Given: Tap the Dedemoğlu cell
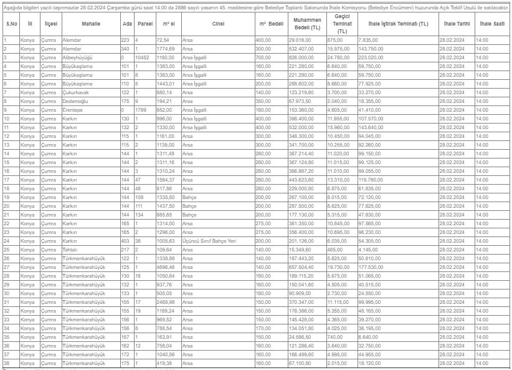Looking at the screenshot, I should coord(76,100).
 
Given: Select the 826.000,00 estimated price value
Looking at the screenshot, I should coord(303,57).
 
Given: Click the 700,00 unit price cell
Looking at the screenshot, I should coord(263,57).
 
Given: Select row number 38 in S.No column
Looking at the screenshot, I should coord(6,363).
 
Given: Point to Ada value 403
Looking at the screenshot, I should coord(126,240).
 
